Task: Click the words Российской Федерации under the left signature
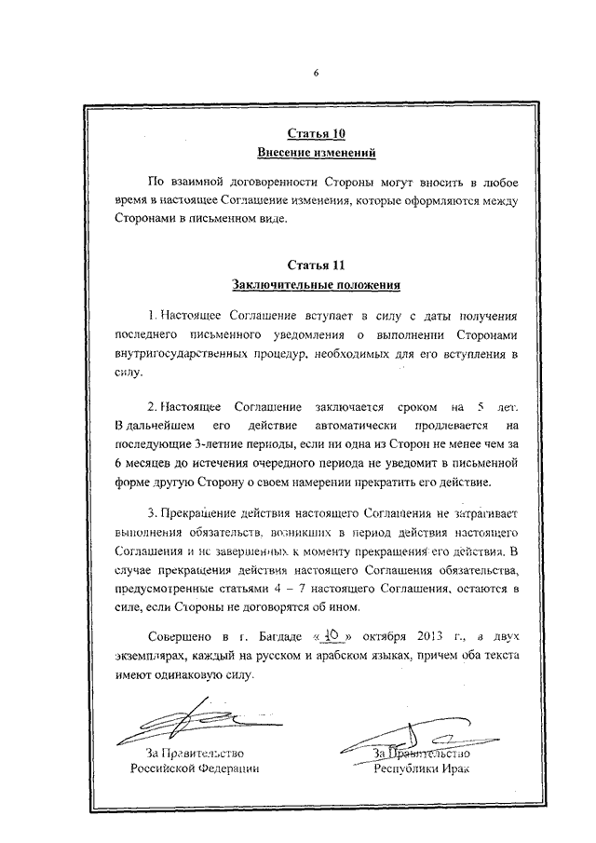[194, 769]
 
